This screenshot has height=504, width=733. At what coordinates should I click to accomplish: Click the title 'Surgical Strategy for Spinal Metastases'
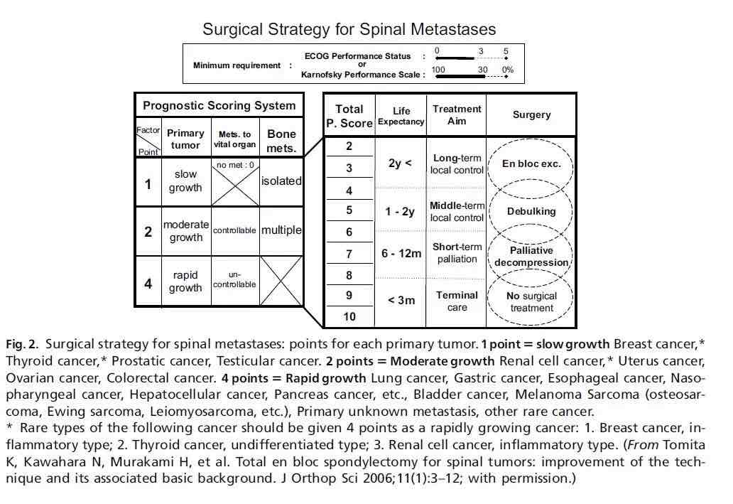[349, 29]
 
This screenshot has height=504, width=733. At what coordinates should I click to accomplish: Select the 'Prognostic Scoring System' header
[219, 105]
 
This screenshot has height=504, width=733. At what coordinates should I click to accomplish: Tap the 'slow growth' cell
[185, 181]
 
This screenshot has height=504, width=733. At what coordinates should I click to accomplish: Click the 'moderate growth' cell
[186, 231]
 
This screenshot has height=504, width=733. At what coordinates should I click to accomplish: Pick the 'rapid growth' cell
[185, 282]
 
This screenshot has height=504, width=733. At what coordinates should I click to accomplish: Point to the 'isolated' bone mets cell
[281, 181]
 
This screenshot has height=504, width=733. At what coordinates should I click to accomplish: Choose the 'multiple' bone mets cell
[281, 230]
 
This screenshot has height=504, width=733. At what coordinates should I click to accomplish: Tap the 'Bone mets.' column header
[281, 141]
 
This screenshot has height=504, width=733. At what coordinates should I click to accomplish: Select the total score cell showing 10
[349, 317]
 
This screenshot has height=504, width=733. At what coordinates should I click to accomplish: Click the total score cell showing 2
[349, 146]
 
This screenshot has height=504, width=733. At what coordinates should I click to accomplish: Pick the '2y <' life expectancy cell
[400, 163]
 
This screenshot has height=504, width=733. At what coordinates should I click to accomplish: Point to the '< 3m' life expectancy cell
[401, 301]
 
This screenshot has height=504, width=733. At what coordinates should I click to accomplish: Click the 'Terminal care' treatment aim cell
[457, 301]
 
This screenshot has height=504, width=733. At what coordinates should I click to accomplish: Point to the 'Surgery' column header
[531, 114]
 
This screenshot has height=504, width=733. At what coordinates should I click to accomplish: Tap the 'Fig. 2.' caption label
[22, 345]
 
